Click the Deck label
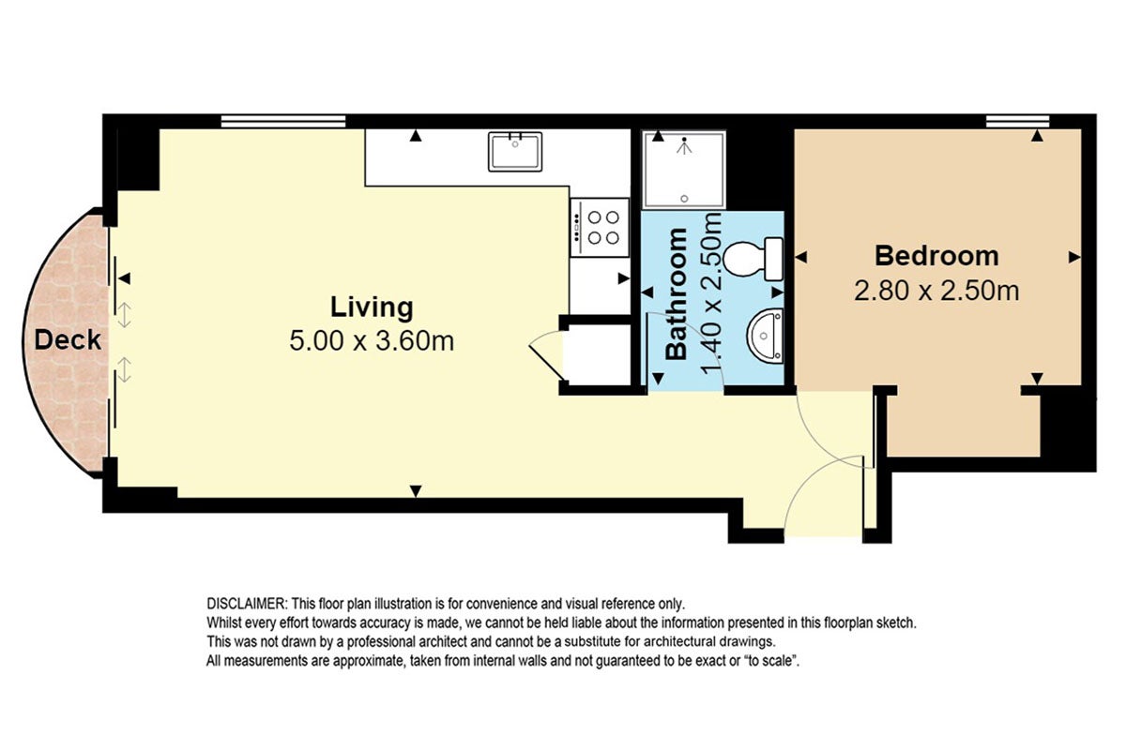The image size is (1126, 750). click(68, 340)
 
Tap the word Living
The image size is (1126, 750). click(372, 307)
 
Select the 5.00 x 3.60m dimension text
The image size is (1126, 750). click(372, 340)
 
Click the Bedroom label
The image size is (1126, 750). click(936, 256)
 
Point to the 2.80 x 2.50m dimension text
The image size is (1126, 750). click(936, 291)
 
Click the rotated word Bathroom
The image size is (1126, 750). click(677, 293)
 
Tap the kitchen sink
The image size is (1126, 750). click(515, 151)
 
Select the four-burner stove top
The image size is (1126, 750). click(600, 228)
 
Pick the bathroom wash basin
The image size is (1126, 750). click(765, 336)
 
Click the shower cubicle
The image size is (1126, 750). click(684, 170)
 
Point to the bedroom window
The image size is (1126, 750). click(1017, 121)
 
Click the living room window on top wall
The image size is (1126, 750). click(283, 121)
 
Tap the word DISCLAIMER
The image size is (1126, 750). click(246, 604)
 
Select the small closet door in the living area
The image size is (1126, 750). click(546, 356)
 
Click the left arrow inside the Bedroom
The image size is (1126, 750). click(800, 257)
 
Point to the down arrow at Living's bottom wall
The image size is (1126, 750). click(415, 491)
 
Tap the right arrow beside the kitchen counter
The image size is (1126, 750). click(624, 277)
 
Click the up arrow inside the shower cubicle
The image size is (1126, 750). click(658, 136)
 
